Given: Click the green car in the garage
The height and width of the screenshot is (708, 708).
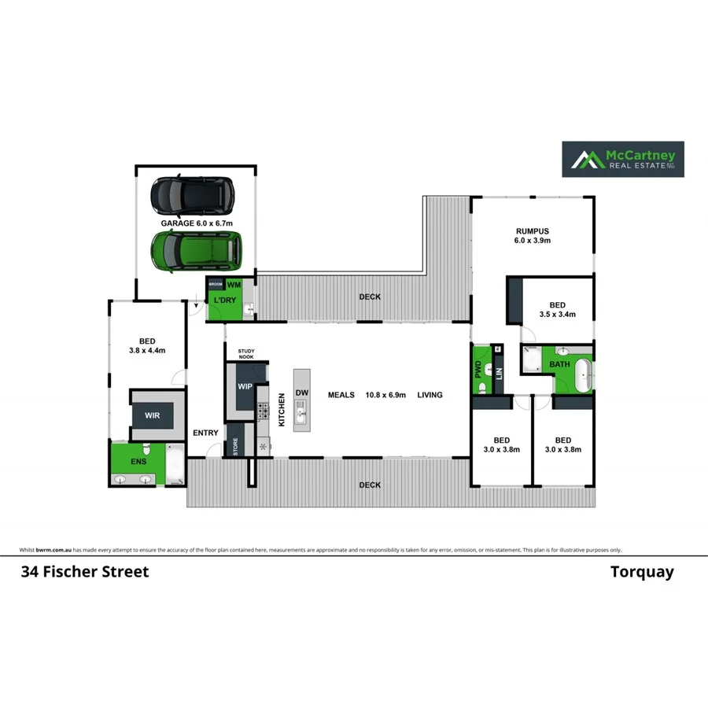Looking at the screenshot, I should coord(196,251).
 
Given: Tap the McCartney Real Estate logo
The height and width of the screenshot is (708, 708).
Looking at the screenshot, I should coord(622,159).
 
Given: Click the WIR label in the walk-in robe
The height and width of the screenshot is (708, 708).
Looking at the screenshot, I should coord(152,415).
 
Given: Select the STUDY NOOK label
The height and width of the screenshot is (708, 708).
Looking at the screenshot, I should coord(247,355).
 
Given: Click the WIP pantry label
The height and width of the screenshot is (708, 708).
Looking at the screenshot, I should coord(245,386).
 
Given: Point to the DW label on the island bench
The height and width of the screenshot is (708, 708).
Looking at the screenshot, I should coord(302,393).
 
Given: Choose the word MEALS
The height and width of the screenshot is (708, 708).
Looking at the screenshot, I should coord(341,395).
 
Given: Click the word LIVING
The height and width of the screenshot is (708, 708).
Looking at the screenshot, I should coord(430,395).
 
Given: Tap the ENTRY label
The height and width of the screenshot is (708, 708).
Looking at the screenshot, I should coord(205,433).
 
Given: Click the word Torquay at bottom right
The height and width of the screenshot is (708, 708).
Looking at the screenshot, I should coord(642,572).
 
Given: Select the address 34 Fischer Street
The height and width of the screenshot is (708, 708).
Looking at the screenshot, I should coord(84,572).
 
